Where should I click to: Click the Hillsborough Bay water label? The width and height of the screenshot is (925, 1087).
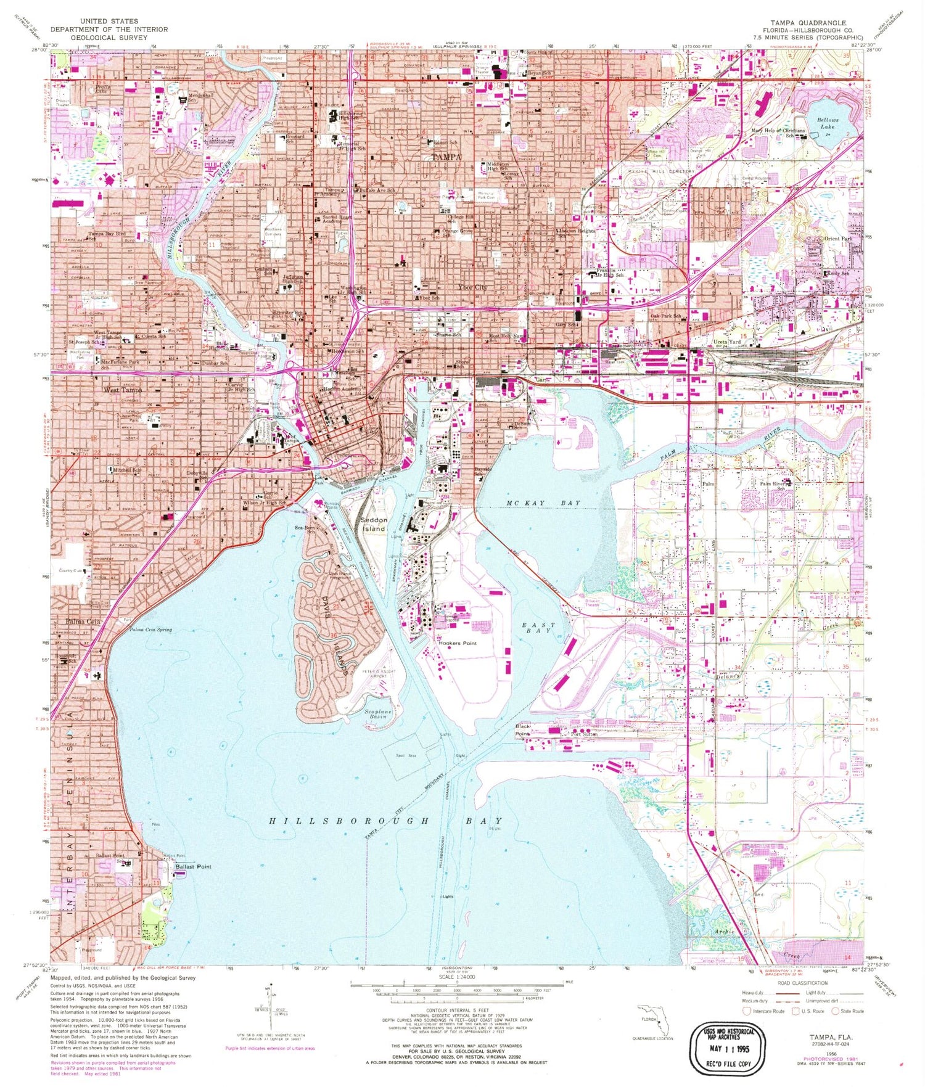385,821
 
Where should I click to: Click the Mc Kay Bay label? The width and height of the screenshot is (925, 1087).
543,503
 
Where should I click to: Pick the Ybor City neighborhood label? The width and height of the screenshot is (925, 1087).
473,287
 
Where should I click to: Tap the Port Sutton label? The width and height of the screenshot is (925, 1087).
584,734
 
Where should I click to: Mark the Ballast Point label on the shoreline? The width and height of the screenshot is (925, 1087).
193,866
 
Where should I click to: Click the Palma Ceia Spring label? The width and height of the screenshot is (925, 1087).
150,630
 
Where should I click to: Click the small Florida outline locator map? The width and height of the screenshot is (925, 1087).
655,1020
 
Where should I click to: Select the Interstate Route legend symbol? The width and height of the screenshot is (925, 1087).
748,1011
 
